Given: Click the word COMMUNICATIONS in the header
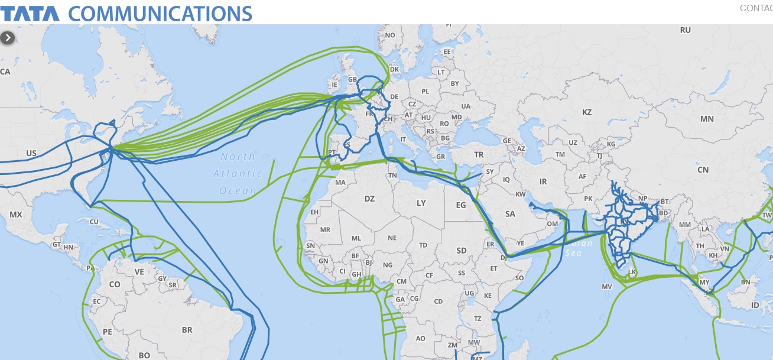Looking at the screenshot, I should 160,12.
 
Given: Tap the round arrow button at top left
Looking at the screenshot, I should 7,37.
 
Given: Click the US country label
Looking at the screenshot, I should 31,153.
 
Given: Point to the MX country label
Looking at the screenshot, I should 16,214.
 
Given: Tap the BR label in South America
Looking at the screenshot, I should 187,330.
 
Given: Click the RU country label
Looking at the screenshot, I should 686,30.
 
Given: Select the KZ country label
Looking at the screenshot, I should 587,112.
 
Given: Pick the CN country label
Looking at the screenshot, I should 703,170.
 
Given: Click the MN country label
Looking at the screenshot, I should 707,119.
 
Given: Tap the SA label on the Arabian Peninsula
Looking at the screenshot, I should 510,214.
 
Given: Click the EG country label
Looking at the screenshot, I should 461,205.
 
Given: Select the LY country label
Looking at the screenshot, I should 421,203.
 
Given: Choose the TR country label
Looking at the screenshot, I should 478,154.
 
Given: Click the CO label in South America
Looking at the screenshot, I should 115,284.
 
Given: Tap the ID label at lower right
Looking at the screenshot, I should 755,305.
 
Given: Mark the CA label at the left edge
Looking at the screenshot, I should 5,72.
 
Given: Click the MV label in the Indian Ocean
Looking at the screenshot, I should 606,286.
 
